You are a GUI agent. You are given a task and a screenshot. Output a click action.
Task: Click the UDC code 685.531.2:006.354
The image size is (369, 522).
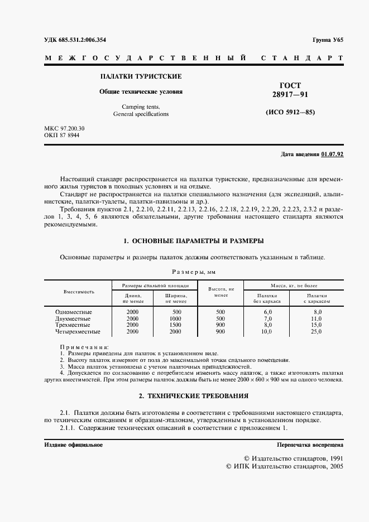coord(83,41)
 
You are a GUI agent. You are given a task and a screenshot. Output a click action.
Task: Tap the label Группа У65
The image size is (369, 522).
coord(328,41)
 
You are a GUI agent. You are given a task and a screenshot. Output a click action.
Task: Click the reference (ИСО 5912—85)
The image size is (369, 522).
coord(290,112)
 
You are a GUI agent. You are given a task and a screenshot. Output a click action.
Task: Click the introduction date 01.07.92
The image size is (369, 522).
coord(332,154)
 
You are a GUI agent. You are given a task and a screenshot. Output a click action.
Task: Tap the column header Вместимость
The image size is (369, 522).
coord(79,292)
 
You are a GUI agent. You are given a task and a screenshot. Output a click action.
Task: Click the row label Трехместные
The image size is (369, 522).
coord(74,325)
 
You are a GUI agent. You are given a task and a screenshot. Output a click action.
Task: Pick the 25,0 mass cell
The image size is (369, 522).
coord(317,331)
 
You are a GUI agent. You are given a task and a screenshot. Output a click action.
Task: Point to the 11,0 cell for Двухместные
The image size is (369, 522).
coord(317,318)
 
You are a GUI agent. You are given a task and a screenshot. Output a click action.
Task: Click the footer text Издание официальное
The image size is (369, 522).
coord(73,444)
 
